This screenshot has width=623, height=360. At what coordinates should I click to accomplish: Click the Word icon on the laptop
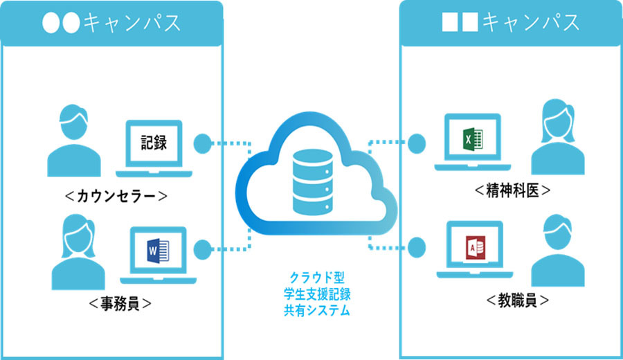(x=158, y=251)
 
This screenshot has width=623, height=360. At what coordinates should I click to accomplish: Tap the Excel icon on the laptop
(x=473, y=139)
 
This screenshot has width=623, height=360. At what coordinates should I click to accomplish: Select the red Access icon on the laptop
(x=475, y=248)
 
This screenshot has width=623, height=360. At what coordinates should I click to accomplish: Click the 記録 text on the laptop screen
(x=154, y=142)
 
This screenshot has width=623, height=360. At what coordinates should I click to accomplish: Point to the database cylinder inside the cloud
(x=313, y=182)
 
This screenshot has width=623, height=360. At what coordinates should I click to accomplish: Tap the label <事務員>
(x=120, y=303)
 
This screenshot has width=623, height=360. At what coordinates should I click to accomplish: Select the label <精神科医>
(x=512, y=190)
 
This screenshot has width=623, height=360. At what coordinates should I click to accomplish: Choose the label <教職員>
(x=518, y=300)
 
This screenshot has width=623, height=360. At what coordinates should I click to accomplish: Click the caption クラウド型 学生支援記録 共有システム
(x=317, y=294)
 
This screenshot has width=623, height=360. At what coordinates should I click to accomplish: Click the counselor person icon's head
(x=73, y=122)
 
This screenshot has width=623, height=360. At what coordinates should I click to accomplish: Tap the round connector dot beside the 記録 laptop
(x=203, y=143)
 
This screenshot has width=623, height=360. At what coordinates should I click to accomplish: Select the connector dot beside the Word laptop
(x=203, y=250)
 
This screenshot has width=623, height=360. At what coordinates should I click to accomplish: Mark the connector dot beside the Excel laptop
(x=417, y=143)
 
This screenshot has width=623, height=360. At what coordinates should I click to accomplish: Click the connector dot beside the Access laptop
(x=417, y=247)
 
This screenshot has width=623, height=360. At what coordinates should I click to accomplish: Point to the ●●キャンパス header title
(x=111, y=23)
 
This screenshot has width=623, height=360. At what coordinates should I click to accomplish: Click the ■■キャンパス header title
(x=511, y=22)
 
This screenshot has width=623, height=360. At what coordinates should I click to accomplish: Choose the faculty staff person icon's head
(x=557, y=232)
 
